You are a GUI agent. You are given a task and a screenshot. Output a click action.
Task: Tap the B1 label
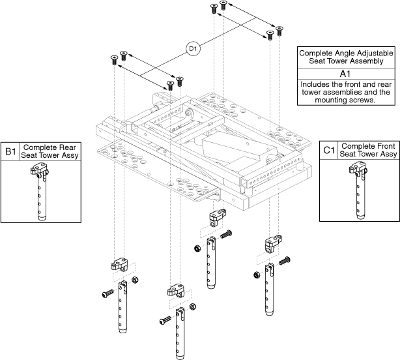tap(10, 151)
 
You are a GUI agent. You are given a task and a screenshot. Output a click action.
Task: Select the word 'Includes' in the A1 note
tap(315, 84)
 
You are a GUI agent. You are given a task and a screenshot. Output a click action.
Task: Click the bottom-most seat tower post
tap(180, 333)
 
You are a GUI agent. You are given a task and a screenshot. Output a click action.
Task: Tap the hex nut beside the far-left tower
tap(136, 280)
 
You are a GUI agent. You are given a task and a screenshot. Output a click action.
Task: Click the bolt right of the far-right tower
tap(284, 262)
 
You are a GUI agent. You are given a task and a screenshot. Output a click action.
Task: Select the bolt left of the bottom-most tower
tap(165, 320)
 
